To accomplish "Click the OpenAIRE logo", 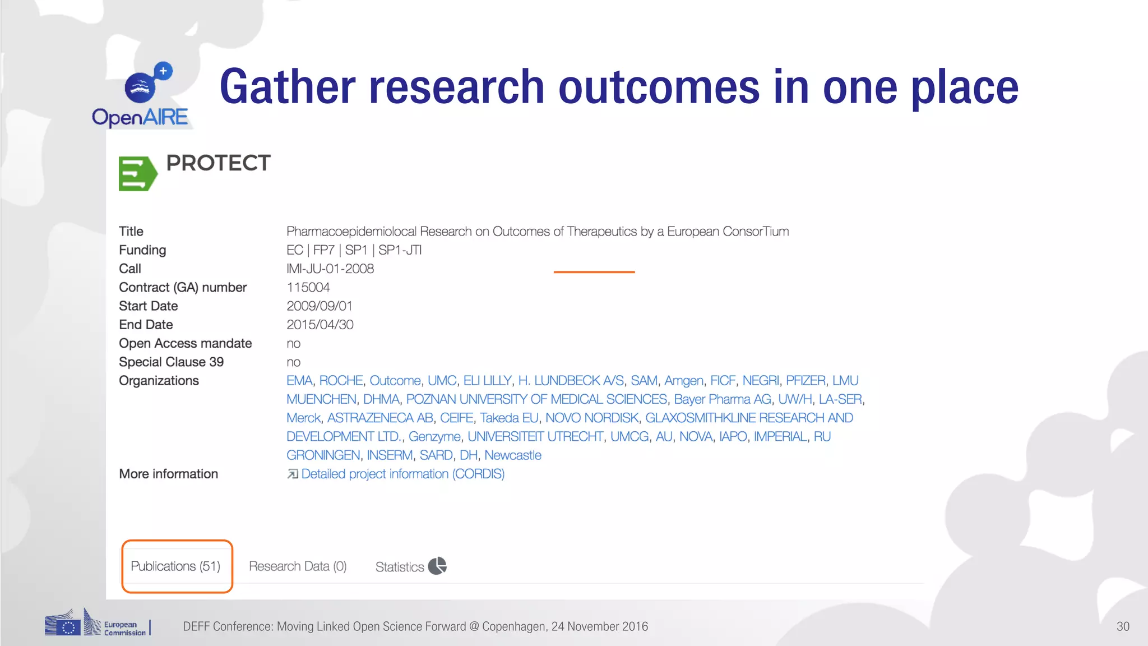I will pyautogui.click(x=141, y=96).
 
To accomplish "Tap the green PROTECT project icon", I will pyautogui.click(x=137, y=173).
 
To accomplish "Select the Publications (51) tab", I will pyautogui.click(x=176, y=566).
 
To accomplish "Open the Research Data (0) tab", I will pyautogui.click(x=298, y=566).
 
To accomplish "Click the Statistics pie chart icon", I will pyautogui.click(x=437, y=566).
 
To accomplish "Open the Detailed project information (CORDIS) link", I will pyautogui.click(x=402, y=474).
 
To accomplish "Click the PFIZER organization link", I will pyautogui.click(x=806, y=381).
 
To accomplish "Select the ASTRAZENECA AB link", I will pyautogui.click(x=380, y=418).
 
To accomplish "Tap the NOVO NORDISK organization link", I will pyautogui.click(x=591, y=418).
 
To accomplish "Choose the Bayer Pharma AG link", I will pyautogui.click(x=723, y=399).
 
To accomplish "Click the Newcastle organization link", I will pyautogui.click(x=513, y=455).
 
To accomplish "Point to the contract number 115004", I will pyautogui.click(x=308, y=288).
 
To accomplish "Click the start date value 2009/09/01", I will pyautogui.click(x=320, y=306).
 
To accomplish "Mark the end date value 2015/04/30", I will pyautogui.click(x=320, y=325).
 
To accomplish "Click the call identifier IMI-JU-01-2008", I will pyautogui.click(x=330, y=269).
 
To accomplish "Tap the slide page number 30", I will pyautogui.click(x=1123, y=626).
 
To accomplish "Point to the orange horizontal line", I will pyautogui.click(x=594, y=272).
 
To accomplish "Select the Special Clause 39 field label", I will pyautogui.click(x=171, y=362).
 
